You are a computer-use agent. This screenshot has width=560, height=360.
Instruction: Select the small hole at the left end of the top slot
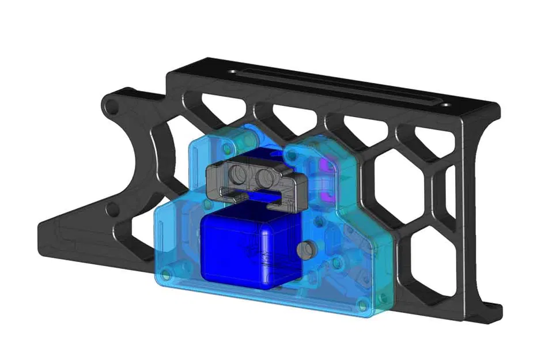tap(232, 72)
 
